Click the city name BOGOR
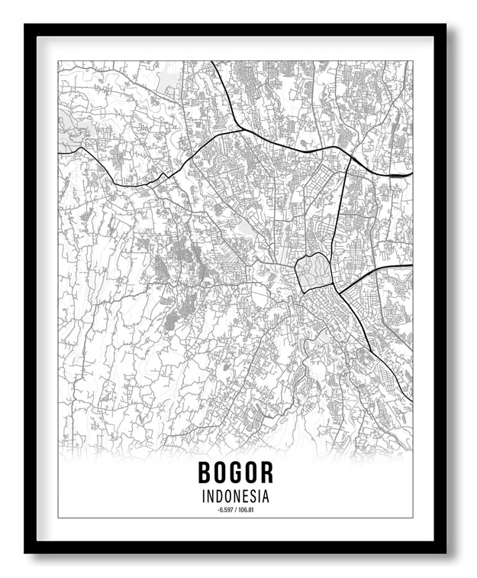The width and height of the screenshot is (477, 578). [235, 472]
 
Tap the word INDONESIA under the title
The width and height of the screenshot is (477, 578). [236, 496]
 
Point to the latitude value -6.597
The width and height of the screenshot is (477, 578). [225, 509]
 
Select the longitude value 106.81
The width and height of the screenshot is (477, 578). [246, 509]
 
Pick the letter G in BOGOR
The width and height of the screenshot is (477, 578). [236, 472]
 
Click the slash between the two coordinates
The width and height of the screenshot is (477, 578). [235, 509]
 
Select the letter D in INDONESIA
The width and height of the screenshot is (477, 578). [218, 496]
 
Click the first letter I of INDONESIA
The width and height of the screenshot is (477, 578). [204, 496]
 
